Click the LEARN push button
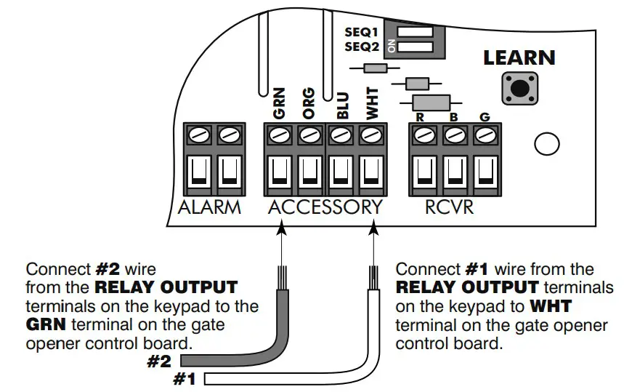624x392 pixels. click(519, 87)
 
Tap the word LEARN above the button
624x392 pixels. click(519, 58)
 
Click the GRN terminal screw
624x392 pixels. click(279, 135)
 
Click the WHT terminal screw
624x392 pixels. click(371, 135)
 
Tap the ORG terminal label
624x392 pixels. click(309, 104)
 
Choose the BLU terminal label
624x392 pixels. click(342, 104)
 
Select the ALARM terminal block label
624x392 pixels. click(210, 207)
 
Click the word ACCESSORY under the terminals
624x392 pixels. click(325, 207)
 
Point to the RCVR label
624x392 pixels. click(450, 207)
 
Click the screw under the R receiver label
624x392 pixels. click(424, 135)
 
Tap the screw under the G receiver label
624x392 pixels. click(485, 135)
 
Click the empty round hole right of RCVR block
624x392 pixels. click(546, 145)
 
